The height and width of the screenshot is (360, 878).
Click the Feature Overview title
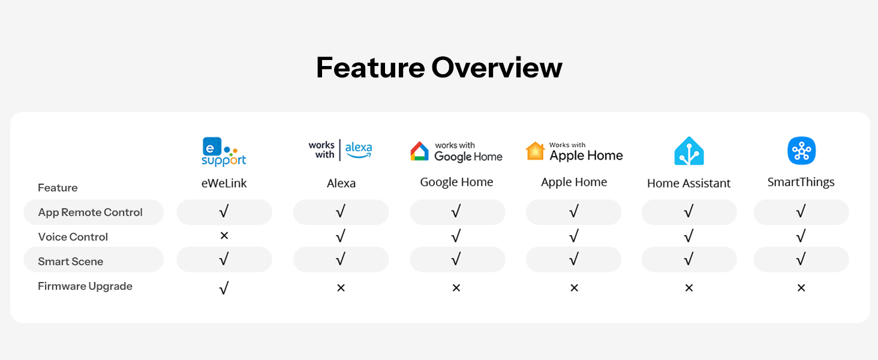pyautogui.click(x=439, y=67)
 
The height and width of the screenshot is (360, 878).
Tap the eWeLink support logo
pyautogui.click(x=224, y=151)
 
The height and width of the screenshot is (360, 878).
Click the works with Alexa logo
pyautogui.click(x=340, y=150)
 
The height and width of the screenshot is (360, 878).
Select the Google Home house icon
pyautogui.click(x=419, y=151)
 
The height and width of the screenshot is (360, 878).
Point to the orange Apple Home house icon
pyautogui.click(x=535, y=151)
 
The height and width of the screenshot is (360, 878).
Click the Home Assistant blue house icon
pyautogui.click(x=688, y=151)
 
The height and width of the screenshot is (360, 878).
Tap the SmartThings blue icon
pyautogui.click(x=802, y=151)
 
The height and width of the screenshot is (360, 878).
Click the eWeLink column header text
pyautogui.click(x=224, y=183)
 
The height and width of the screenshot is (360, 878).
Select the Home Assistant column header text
pyautogui.click(x=688, y=183)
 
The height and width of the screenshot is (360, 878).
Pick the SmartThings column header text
pyautogui.click(x=801, y=182)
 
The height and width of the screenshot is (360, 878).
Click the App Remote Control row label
pyautogui.click(x=90, y=212)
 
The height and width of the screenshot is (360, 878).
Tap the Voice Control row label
pyautogui.click(x=73, y=237)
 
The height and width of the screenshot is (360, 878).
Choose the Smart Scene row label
pyautogui.click(x=71, y=262)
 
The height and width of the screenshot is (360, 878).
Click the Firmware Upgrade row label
pyautogui.click(x=85, y=286)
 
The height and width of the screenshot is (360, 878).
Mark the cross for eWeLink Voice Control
pyautogui.click(x=224, y=235)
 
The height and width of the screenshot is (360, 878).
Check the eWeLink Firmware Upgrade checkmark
pyautogui.click(x=224, y=288)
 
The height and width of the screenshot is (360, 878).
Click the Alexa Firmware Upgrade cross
pyautogui.click(x=341, y=288)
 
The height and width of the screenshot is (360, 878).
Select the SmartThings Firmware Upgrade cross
pyautogui.click(x=801, y=288)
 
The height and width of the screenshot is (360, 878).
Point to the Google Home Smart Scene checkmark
pyautogui.click(x=456, y=259)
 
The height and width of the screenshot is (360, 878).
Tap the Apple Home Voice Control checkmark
pyautogui.click(x=574, y=236)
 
